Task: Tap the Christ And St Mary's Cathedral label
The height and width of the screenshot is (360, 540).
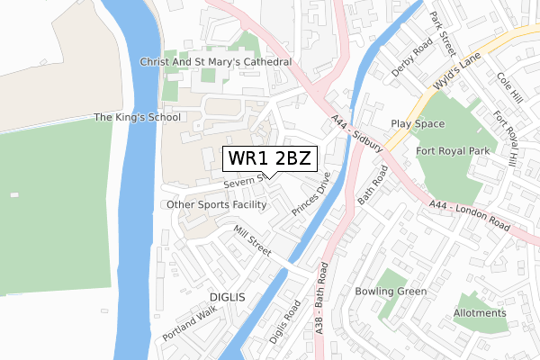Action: point(216,61)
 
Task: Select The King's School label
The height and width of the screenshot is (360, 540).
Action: point(138,117)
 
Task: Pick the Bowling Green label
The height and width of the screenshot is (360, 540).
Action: point(390,292)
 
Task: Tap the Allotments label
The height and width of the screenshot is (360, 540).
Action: point(480,312)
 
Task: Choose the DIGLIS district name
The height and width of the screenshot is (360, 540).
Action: point(227,296)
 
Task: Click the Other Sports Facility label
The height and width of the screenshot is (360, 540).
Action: point(216,204)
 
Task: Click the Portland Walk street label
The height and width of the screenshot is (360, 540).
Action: point(190,322)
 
